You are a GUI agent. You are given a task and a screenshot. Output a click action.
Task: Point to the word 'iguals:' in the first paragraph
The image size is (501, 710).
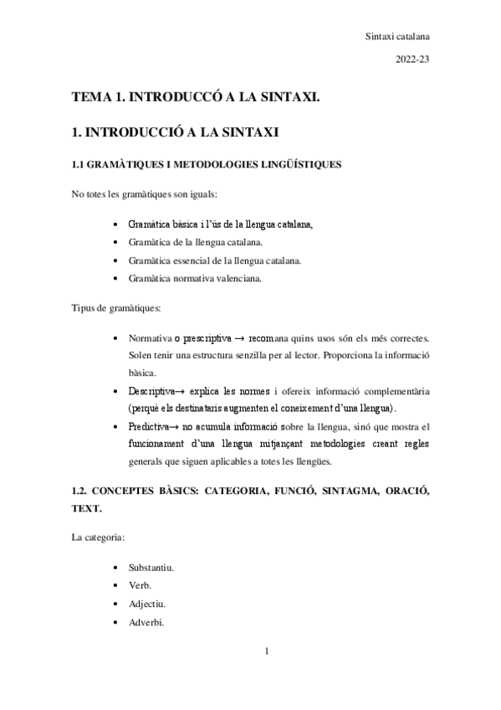(x=201, y=195)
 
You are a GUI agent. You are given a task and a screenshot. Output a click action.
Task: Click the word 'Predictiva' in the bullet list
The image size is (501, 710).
(x=149, y=426)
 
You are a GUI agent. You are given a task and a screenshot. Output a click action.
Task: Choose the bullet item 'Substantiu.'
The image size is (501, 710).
(x=151, y=568)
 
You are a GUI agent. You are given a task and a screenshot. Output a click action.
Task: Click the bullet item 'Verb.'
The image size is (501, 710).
(x=140, y=585)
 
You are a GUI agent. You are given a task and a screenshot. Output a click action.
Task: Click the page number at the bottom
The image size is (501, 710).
(x=264, y=650)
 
